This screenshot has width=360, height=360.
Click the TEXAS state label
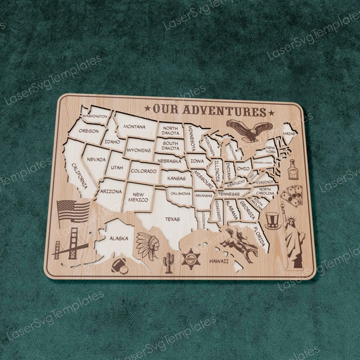click(x=172, y=219)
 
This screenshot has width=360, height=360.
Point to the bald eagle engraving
click(x=249, y=130)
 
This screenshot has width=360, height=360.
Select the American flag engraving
click(x=73, y=211)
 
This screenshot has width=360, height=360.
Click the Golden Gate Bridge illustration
click(x=70, y=243)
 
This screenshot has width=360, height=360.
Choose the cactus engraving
click(x=169, y=262)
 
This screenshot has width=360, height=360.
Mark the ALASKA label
click(x=118, y=238)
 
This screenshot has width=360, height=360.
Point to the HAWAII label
click(x=219, y=262)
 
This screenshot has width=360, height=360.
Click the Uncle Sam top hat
click(x=273, y=220)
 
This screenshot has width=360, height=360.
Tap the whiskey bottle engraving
click(x=293, y=170)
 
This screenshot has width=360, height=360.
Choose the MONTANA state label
click(x=134, y=127)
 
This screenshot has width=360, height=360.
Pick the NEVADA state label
click(x=96, y=160)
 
